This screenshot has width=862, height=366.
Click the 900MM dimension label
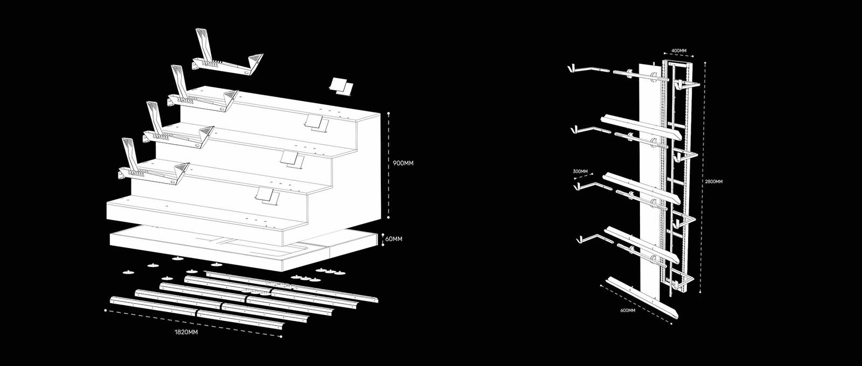click(403, 163)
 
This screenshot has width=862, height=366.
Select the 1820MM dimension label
click(186, 332)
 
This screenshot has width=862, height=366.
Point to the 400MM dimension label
click(679, 51)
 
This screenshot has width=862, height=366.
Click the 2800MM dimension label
click(714, 182)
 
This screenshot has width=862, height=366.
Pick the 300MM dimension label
click(580, 171)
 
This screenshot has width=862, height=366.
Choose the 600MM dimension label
click(628, 311)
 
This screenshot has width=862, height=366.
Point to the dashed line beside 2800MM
click(701, 178)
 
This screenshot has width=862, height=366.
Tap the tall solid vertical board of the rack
click(649, 178)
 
